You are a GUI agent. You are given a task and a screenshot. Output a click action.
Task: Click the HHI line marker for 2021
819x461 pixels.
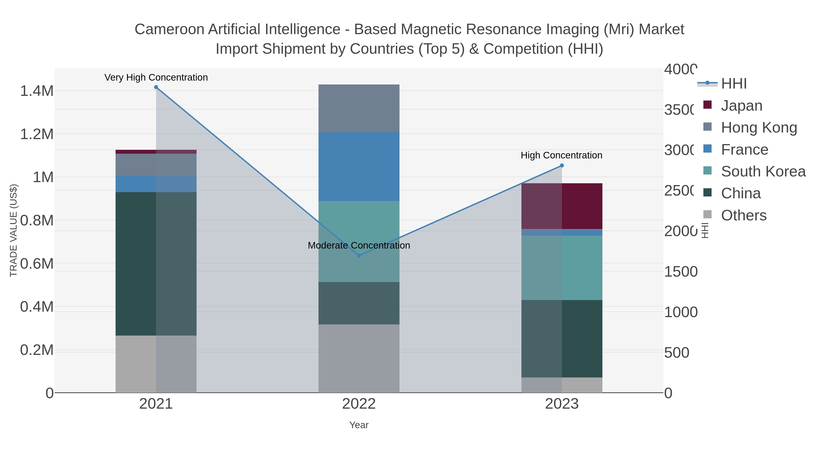156,87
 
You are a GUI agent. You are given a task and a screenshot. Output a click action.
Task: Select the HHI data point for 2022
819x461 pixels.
359,255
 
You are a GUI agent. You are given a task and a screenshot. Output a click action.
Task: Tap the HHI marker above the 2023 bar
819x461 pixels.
562,166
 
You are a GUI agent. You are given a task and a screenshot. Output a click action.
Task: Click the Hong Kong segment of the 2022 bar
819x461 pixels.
359,109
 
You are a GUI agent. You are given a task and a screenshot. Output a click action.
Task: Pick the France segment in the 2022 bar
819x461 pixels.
359,167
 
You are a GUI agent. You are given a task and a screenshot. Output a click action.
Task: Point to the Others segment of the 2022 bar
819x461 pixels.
359,358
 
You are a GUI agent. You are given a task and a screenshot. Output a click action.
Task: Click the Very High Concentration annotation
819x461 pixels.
156,78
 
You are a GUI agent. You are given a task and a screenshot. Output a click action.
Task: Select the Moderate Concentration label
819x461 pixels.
359,246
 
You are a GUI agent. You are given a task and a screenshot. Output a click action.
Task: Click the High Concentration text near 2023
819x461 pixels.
561,155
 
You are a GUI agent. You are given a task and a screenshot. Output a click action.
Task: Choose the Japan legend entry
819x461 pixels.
741,106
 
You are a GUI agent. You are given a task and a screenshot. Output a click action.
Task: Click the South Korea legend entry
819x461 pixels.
763,171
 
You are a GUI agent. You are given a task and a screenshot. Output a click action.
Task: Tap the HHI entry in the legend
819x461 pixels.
734,84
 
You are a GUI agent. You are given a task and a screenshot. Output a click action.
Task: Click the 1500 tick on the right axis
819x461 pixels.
681,272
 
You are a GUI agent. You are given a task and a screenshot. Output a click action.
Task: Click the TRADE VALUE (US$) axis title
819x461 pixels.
13,230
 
